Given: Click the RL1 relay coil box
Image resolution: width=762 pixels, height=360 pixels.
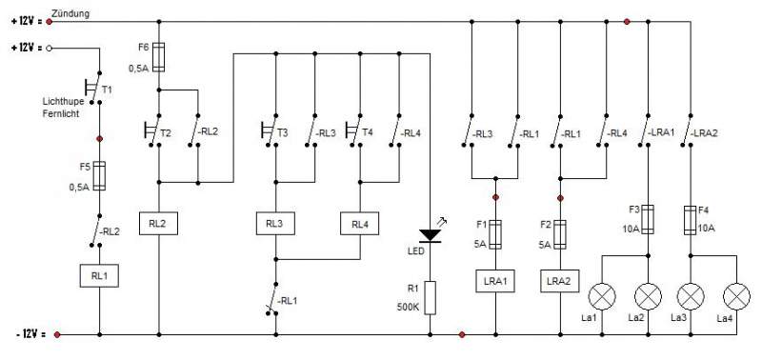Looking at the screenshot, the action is point(99,276).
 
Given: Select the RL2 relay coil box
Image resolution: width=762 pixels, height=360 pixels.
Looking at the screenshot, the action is point(158,224).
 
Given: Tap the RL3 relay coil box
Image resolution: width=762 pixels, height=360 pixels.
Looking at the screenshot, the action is point(275,224).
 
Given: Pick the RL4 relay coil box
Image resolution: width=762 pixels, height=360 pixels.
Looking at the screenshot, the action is point(360,224).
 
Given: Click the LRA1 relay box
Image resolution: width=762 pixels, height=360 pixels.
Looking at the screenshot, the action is point(494,281).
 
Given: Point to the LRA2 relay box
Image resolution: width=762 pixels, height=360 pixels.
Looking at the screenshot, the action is point(560,281).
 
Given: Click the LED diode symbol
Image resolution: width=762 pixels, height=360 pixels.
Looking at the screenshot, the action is point(431,235).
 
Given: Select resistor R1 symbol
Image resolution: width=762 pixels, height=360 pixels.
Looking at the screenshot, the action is point(431,297).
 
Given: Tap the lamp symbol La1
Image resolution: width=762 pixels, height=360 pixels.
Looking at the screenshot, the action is point(602,296).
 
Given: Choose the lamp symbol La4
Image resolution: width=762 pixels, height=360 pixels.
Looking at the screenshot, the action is point(736,296).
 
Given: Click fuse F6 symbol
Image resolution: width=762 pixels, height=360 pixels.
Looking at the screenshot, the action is point(158,57).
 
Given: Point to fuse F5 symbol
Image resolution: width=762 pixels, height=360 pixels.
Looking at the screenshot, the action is point(99,176).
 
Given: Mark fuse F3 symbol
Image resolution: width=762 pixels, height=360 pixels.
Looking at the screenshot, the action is point(648,220).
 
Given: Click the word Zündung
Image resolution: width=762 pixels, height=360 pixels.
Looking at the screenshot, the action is point(70,13).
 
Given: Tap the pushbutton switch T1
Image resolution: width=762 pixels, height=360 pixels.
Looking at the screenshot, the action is point(92,88).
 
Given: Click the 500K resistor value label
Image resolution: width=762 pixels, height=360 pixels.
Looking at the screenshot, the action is point(409,308).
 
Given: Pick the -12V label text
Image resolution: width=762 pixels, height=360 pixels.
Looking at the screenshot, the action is point(31,334).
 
